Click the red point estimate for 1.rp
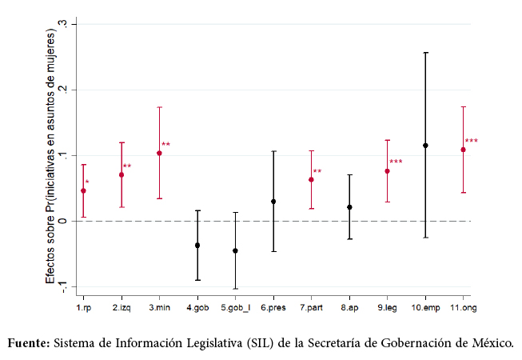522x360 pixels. (83, 190)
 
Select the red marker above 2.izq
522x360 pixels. (122, 174)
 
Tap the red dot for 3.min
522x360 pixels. (159, 153)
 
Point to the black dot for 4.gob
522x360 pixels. (197, 246)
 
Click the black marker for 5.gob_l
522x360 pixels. (235, 250)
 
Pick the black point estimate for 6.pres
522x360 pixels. (273, 202)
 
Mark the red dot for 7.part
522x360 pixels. (311, 180)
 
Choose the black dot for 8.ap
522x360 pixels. (349, 207)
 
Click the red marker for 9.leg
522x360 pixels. (387, 171)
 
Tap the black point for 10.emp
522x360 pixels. (425, 146)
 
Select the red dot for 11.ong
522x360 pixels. (464, 150)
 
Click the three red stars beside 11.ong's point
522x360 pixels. (472, 142)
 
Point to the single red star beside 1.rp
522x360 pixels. (87, 183)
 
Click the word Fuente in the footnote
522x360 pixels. (29, 343)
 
